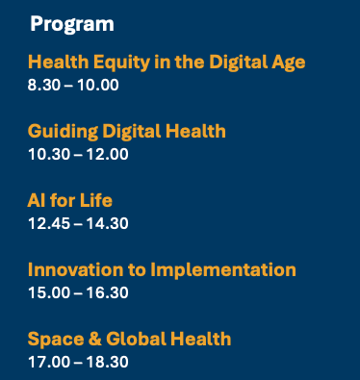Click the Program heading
pos(71,23)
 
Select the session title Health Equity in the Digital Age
pos(167,63)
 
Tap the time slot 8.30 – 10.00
pos(73,85)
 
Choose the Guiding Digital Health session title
pos(127,131)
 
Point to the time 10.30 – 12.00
pos(78,154)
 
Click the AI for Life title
pos(70,200)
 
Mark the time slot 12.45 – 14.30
pos(78,223)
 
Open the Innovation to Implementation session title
pos(162,269)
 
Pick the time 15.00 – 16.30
pos(78,292)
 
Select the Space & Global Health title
pos(129,339)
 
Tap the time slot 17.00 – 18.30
pos(78,362)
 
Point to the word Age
pos(288,63)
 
